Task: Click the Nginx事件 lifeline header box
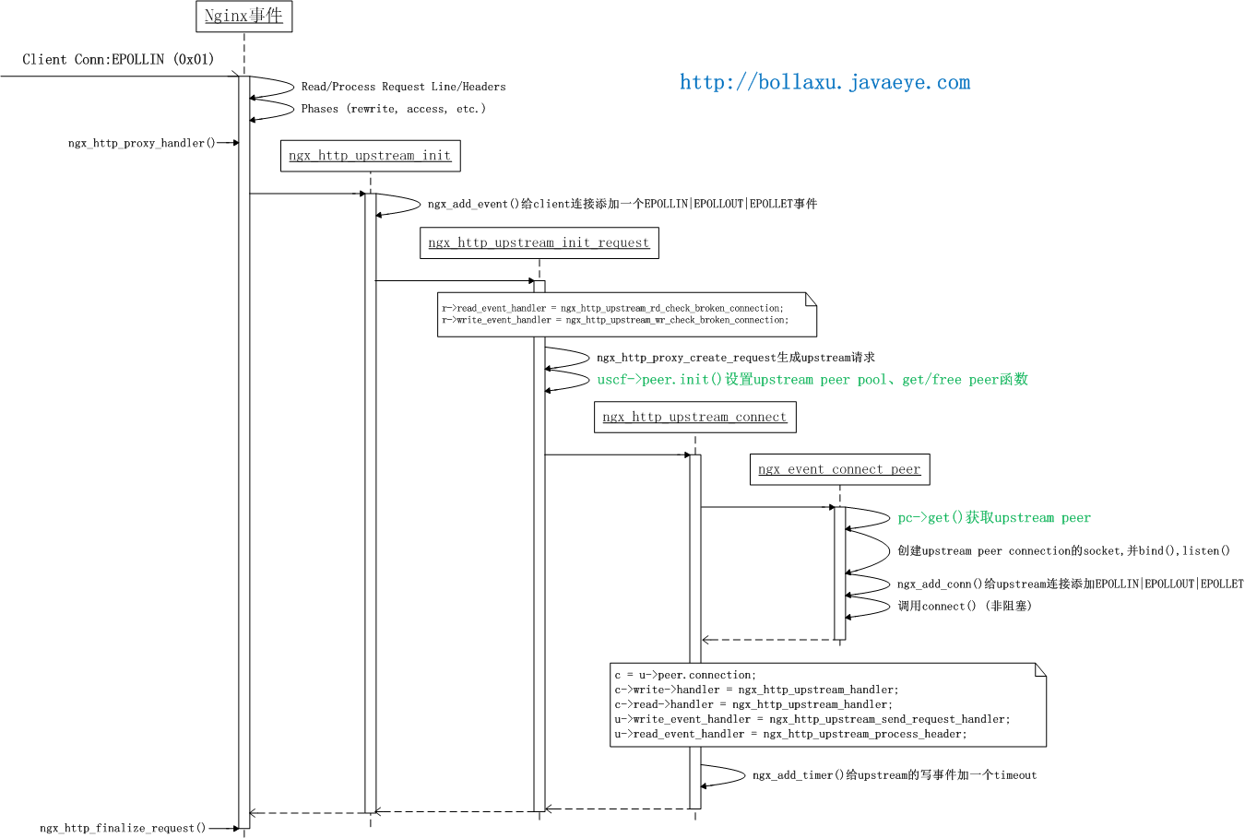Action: [x=243, y=17]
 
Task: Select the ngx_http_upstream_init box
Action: [x=370, y=156]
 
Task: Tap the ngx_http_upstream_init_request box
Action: [x=539, y=243]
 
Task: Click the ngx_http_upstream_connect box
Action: [x=694, y=418]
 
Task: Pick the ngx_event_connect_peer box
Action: [x=839, y=470]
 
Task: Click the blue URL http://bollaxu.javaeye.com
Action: [x=824, y=83]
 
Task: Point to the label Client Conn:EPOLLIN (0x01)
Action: [x=118, y=60]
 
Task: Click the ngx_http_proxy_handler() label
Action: [x=141, y=144]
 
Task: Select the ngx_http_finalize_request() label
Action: [x=123, y=829]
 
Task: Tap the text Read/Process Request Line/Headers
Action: [x=403, y=88]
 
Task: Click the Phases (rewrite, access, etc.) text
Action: [x=393, y=110]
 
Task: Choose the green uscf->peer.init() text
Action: [x=812, y=380]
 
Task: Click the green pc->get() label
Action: [x=993, y=518]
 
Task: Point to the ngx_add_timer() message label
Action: [x=894, y=776]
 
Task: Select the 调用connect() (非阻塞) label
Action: [x=964, y=607]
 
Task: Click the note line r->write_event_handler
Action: [x=614, y=321]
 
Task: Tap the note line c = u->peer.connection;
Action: [x=685, y=676]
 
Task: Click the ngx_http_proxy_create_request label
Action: [x=735, y=358]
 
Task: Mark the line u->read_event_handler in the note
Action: [x=790, y=735]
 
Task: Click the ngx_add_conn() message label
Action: [x=1070, y=584]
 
